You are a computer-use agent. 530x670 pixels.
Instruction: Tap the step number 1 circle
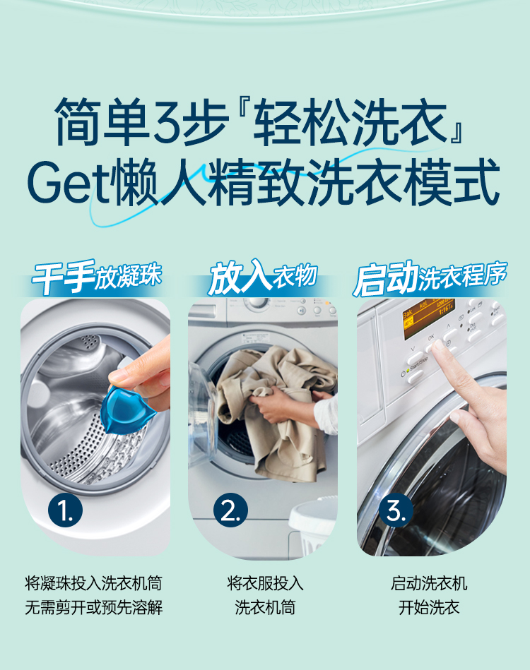[66, 510]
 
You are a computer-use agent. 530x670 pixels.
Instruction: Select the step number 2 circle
[230, 510]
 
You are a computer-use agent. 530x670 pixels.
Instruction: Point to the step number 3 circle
[396, 510]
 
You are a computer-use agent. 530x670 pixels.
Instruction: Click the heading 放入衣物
[263, 277]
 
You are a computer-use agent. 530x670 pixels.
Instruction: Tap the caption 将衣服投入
[265, 583]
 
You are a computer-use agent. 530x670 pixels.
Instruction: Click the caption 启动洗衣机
[429, 583]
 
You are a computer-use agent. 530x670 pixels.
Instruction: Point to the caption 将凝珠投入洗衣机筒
[94, 583]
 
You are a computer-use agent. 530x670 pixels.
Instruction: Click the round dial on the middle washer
[257, 303]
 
